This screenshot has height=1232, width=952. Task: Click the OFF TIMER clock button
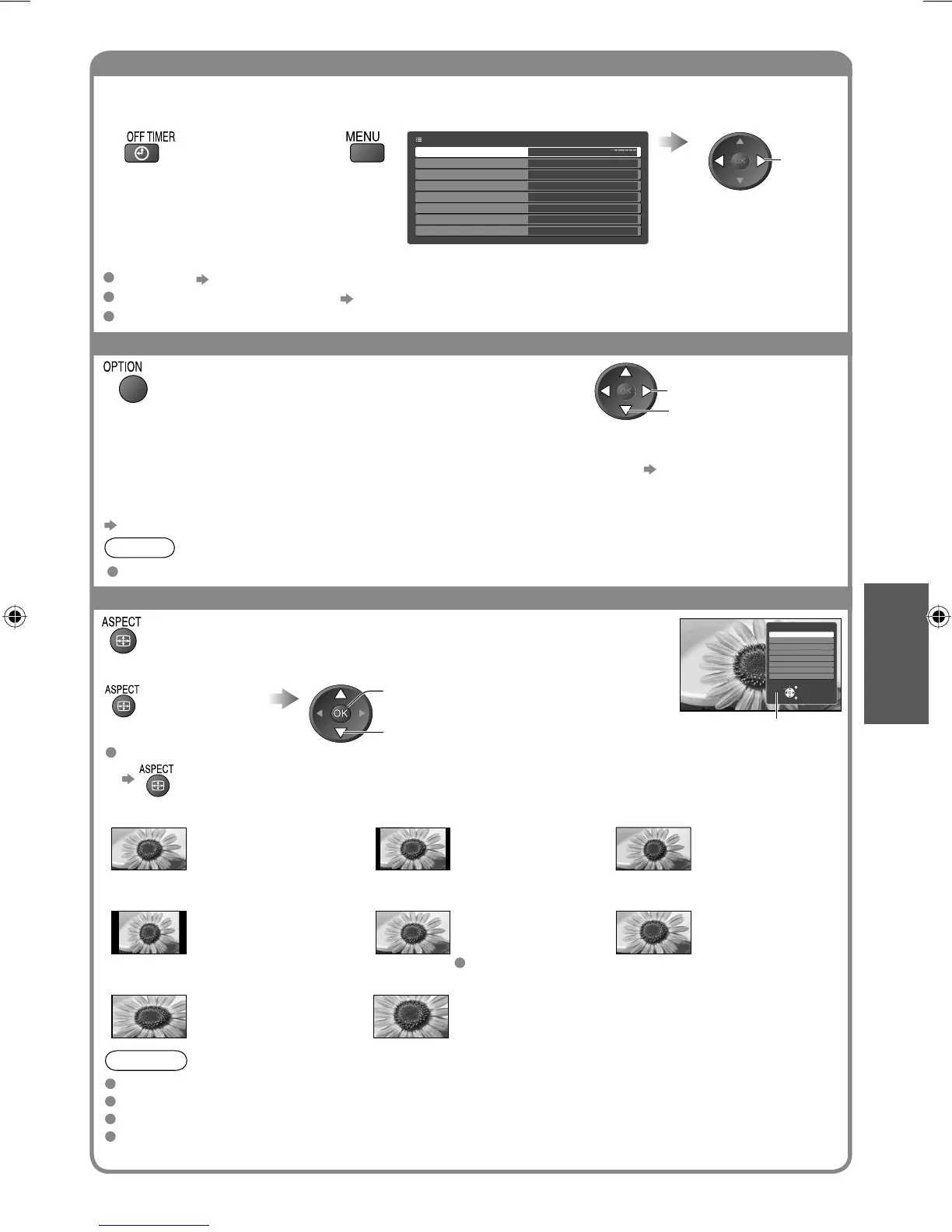[x=141, y=153]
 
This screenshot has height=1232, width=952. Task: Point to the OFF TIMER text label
[x=151, y=137]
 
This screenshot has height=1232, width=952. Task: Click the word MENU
[x=362, y=137]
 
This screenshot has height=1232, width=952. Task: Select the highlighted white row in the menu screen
[x=527, y=152]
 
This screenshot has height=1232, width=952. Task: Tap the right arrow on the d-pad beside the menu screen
[x=761, y=161]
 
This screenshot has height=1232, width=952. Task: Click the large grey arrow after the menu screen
[x=673, y=142]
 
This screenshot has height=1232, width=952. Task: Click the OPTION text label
[x=123, y=366]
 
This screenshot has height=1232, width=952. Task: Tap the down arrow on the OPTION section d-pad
[x=626, y=410]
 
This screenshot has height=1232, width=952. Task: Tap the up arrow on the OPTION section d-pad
[x=626, y=372]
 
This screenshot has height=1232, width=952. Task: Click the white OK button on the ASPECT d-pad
[x=341, y=713]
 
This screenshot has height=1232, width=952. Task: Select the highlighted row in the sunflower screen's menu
[x=801, y=635]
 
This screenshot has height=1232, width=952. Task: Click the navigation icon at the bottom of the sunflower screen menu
[x=790, y=691]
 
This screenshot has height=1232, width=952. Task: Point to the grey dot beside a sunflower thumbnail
[x=460, y=963]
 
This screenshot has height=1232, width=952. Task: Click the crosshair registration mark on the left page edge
[x=13, y=618]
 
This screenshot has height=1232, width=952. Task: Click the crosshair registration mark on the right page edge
[x=938, y=618]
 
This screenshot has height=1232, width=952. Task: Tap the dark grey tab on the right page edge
[x=896, y=653]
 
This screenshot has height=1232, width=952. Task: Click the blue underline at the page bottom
[x=155, y=1225]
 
